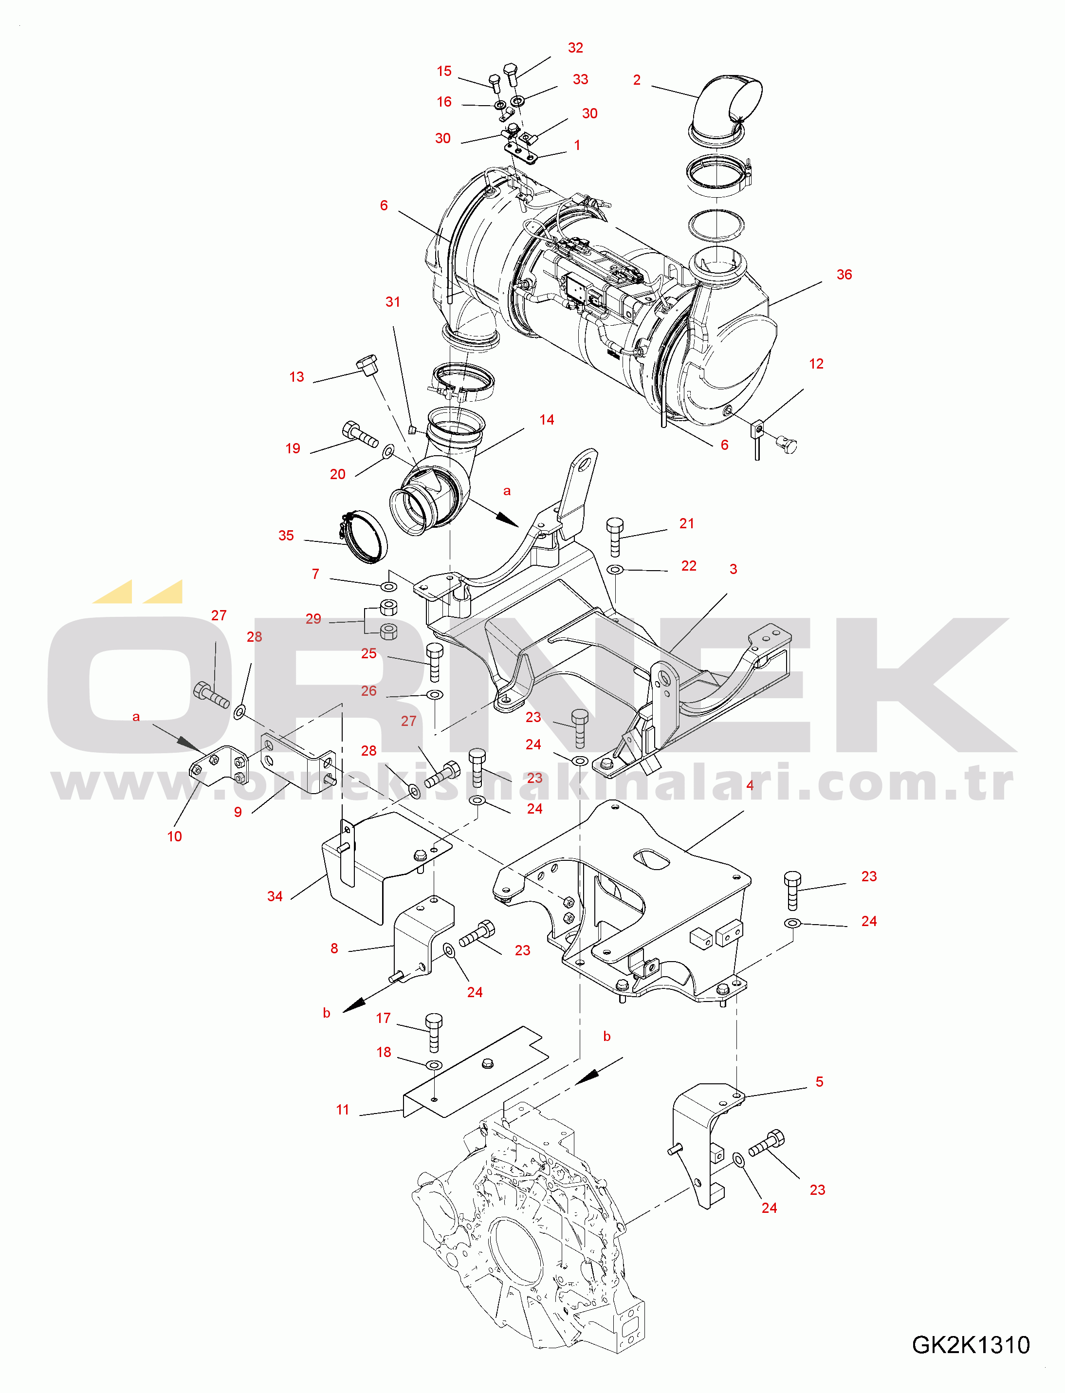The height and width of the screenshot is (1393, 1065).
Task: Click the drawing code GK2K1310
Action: (x=971, y=1345)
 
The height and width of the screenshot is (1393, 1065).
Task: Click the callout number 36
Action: (x=844, y=275)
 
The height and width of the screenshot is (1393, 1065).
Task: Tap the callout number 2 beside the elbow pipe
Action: (x=637, y=80)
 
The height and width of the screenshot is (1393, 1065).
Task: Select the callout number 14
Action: (x=547, y=420)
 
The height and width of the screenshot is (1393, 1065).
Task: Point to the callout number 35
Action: (x=286, y=535)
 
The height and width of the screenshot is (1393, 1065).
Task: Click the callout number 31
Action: (x=392, y=302)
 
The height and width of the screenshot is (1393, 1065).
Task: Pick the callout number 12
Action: (x=816, y=364)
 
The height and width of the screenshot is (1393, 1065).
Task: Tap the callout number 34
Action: (x=275, y=896)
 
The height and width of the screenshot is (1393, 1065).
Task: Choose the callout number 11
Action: (x=342, y=1110)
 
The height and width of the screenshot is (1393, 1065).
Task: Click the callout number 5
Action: (x=819, y=1082)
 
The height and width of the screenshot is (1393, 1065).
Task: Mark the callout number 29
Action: (x=313, y=618)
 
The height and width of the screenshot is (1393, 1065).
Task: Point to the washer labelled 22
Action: (x=615, y=570)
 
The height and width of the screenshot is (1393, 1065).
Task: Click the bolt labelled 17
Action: (x=434, y=1033)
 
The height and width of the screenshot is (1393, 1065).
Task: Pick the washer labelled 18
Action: (x=434, y=1064)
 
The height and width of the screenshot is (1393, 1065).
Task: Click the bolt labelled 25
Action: (x=435, y=662)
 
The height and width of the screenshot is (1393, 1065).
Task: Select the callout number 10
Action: (x=174, y=836)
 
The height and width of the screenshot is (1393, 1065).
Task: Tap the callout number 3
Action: (x=733, y=569)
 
